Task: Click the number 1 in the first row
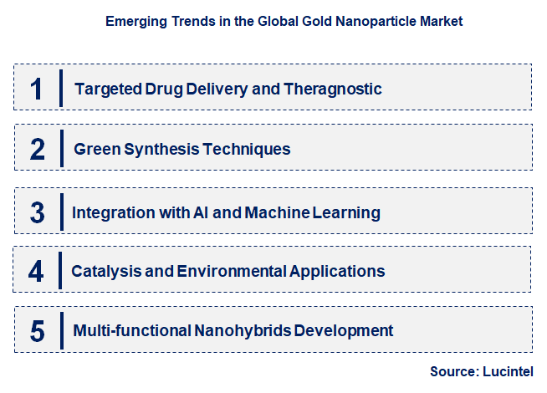(36, 89)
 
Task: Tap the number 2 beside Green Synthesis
(37, 150)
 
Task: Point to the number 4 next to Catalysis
(36, 271)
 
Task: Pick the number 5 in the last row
(37, 331)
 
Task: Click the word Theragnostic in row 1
(335, 89)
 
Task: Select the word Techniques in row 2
(250, 150)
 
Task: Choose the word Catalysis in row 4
(105, 271)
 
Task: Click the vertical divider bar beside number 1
(62, 89)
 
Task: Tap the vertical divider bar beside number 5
(62, 331)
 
